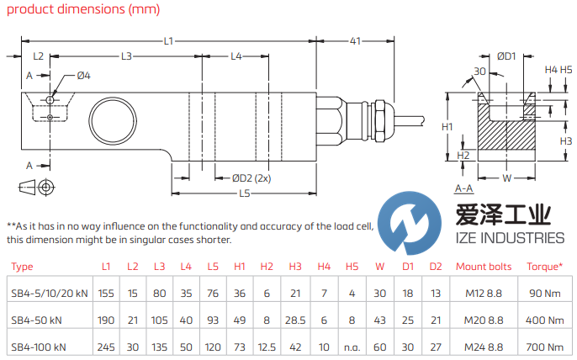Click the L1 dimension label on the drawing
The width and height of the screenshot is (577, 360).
tap(167, 40)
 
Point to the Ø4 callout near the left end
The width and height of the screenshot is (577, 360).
tap(83, 76)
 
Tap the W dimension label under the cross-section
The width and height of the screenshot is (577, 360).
tap(506, 178)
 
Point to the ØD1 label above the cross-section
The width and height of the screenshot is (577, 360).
tap(506, 56)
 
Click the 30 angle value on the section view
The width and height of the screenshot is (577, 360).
tap(479, 71)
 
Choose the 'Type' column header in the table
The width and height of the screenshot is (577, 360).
tap(23, 267)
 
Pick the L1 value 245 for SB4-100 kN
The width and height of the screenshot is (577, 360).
tap(106, 347)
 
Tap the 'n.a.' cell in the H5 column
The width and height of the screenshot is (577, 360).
tap(352, 347)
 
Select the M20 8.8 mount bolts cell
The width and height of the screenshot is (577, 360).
tap(482, 320)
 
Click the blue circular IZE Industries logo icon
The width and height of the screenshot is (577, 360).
tap(405, 223)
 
